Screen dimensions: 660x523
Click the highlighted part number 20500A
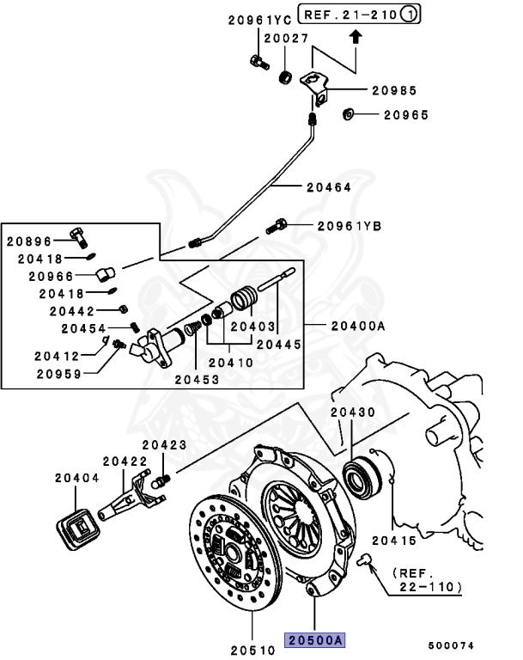coord(316,639)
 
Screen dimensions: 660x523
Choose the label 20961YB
coord(349,226)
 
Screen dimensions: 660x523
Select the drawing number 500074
coord(452,645)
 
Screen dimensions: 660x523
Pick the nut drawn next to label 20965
coord(349,113)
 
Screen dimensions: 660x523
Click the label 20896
coord(29,242)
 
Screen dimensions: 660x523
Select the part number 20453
coord(198,378)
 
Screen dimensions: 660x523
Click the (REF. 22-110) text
coord(429,579)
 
